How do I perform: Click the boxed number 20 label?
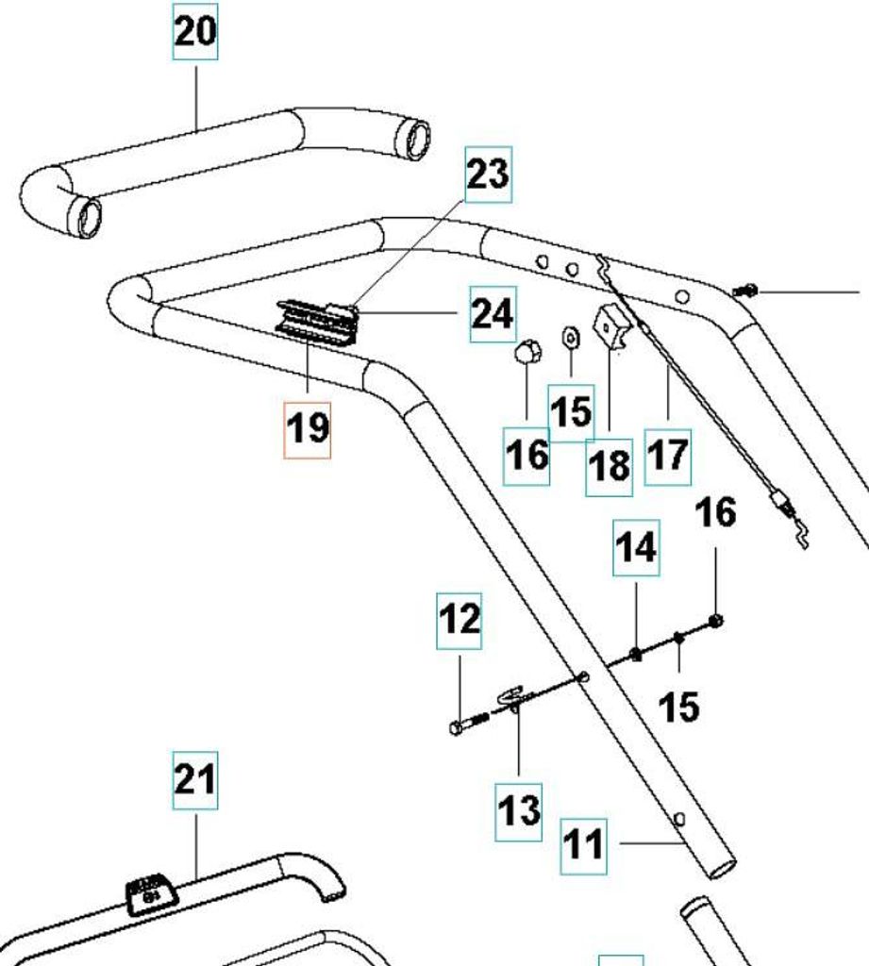(x=195, y=32)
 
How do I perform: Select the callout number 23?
(x=488, y=175)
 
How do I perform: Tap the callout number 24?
(x=493, y=313)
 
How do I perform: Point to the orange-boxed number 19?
(x=308, y=428)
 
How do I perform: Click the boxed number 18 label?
(x=609, y=465)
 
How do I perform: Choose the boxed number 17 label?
(x=668, y=456)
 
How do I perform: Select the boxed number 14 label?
(x=636, y=547)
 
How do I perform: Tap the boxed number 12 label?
(x=460, y=621)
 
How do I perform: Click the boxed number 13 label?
(x=520, y=810)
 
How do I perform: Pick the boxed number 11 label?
(x=582, y=842)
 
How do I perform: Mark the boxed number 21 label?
(x=194, y=780)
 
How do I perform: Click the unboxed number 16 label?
(x=715, y=513)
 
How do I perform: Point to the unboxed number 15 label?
(x=678, y=706)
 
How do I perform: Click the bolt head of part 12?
(x=456, y=728)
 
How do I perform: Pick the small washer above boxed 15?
(x=570, y=336)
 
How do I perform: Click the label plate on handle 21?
(x=149, y=889)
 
